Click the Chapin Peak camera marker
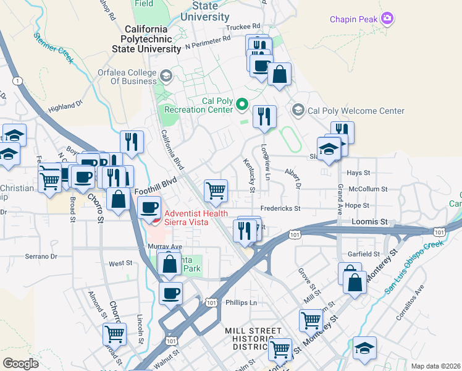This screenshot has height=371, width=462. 387,19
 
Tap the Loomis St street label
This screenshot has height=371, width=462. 369,221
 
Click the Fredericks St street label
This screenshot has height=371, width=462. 280,208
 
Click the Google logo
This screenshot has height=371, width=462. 20,363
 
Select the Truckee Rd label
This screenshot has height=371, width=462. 243,27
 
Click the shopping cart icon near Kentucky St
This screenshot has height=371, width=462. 216,191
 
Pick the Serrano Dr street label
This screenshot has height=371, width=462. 41,256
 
